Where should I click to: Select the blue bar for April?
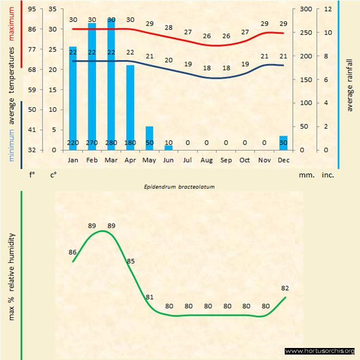click(130, 107)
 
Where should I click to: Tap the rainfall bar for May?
click(149, 138)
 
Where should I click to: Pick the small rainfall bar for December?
click(283, 143)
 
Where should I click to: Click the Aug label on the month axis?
click(207, 160)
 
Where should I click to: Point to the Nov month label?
click(264, 160)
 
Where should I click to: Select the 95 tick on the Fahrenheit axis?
click(32, 9)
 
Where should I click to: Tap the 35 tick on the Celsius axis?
click(52, 9)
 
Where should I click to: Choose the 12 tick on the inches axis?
click(327, 9)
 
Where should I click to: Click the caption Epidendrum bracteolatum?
click(179, 187)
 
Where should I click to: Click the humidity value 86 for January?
click(73, 252)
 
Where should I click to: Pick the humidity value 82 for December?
click(285, 287)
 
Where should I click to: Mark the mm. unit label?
click(305, 175)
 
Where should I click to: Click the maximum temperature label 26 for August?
click(207, 36)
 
